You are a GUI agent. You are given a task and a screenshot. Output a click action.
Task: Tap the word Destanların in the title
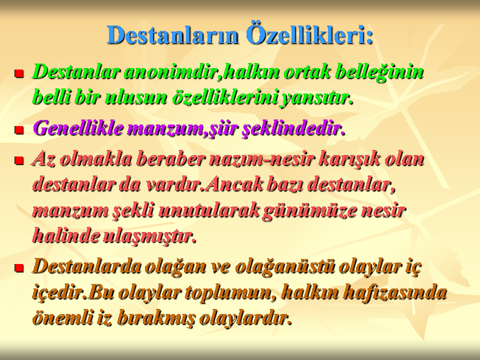(172, 34)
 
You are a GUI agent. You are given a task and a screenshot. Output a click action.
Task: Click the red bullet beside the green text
(19, 73)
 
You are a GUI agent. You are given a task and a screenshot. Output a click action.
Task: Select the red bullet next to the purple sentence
(19, 129)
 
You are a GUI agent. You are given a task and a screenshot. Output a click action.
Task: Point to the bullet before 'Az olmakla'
(19, 160)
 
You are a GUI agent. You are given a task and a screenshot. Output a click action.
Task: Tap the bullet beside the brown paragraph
(19, 268)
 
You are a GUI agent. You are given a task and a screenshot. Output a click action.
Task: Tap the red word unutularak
(208, 210)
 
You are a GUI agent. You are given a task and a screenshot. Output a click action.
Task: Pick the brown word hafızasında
(394, 292)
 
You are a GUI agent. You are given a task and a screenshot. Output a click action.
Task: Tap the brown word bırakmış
(156, 319)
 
